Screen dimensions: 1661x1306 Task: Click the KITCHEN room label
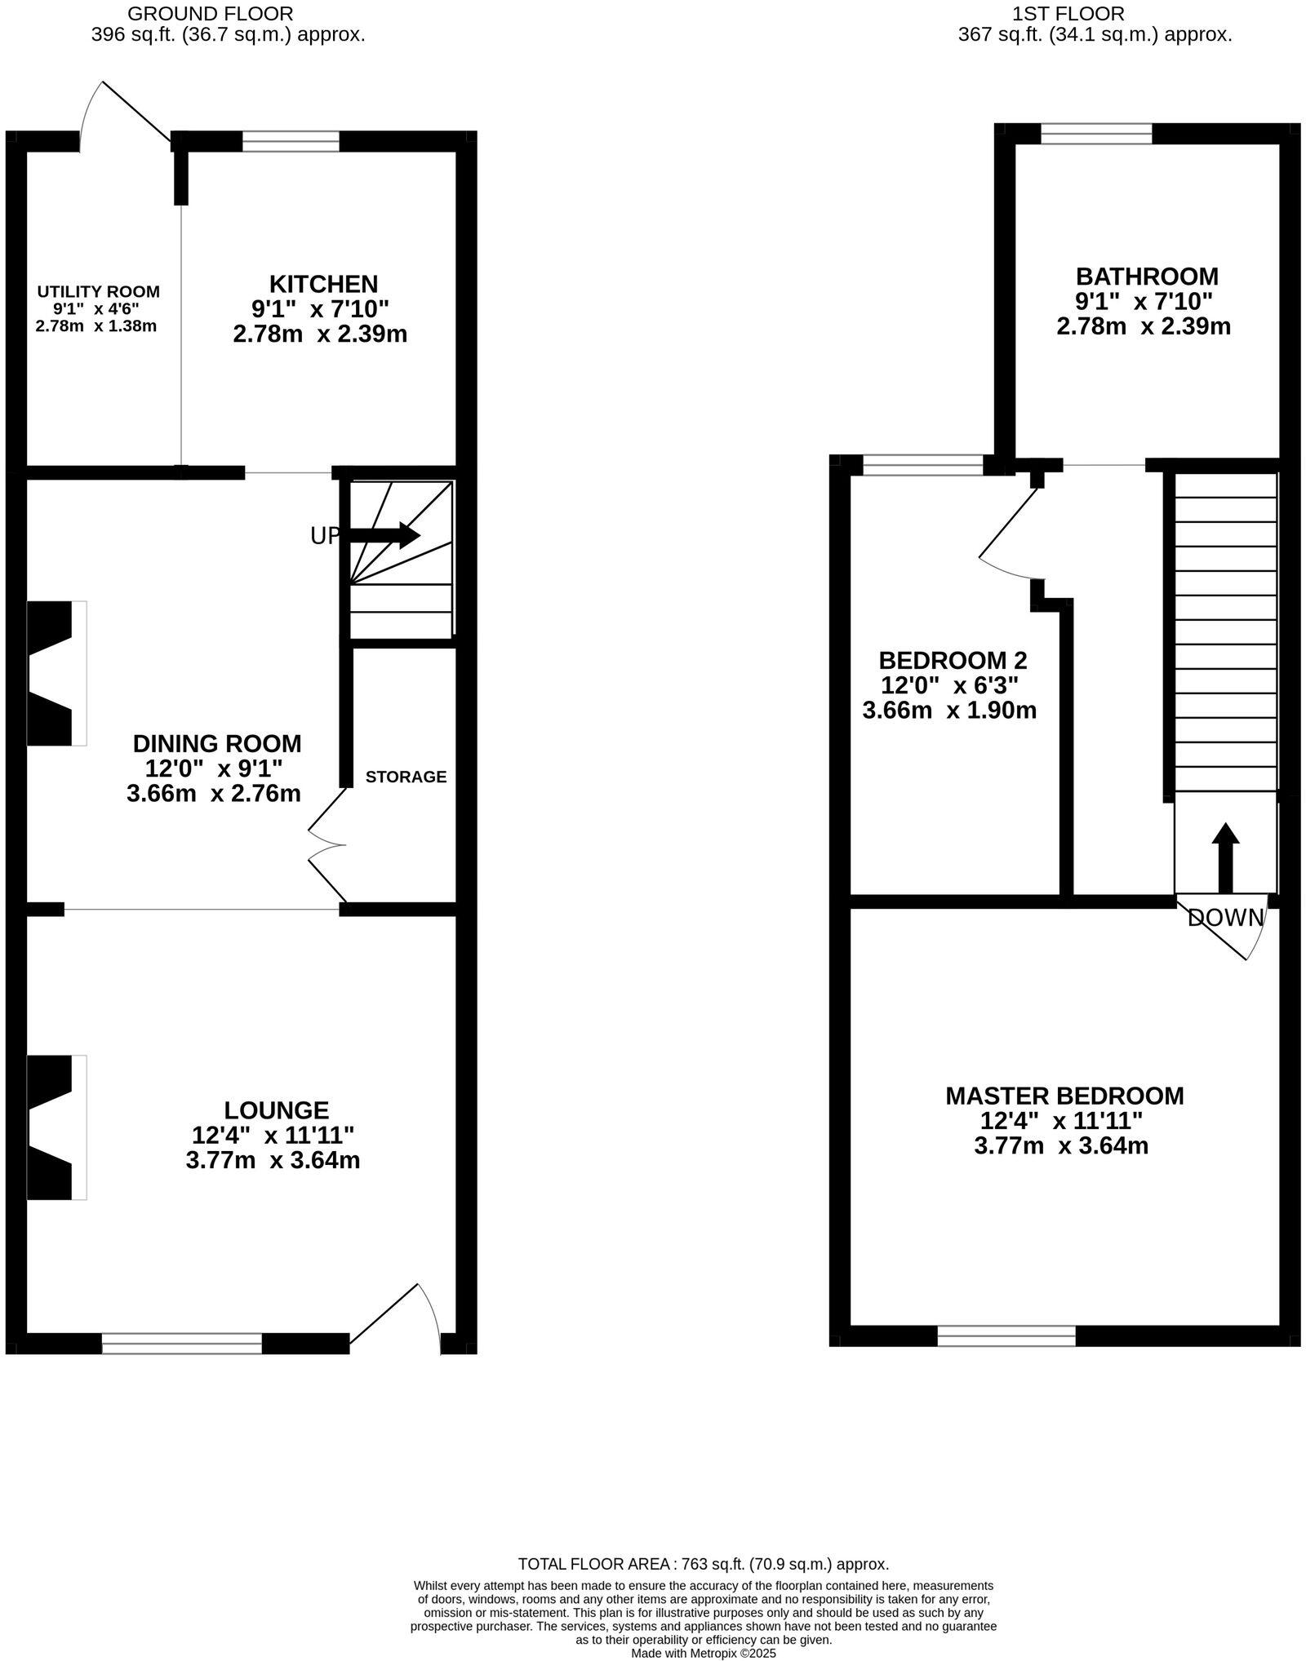tap(323, 284)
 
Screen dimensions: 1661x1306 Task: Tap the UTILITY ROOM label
tap(98, 291)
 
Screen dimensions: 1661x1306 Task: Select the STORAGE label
tap(406, 777)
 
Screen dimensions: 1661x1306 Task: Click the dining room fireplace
tap(56, 673)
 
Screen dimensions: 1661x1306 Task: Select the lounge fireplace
tap(56, 1127)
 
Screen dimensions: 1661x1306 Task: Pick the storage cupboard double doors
tap(326, 845)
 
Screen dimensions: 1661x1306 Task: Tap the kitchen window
tap(291, 142)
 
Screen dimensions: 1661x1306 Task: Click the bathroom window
tap(1096, 133)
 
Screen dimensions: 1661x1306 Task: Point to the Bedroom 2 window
tap(923, 465)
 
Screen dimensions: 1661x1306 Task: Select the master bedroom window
tap(1006, 1335)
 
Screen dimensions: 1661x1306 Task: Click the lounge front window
tap(182, 1343)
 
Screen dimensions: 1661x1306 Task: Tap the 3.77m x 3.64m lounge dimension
tap(273, 1160)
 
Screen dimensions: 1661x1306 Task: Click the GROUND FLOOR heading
tap(210, 14)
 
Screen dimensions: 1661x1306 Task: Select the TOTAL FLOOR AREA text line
tap(703, 1564)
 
